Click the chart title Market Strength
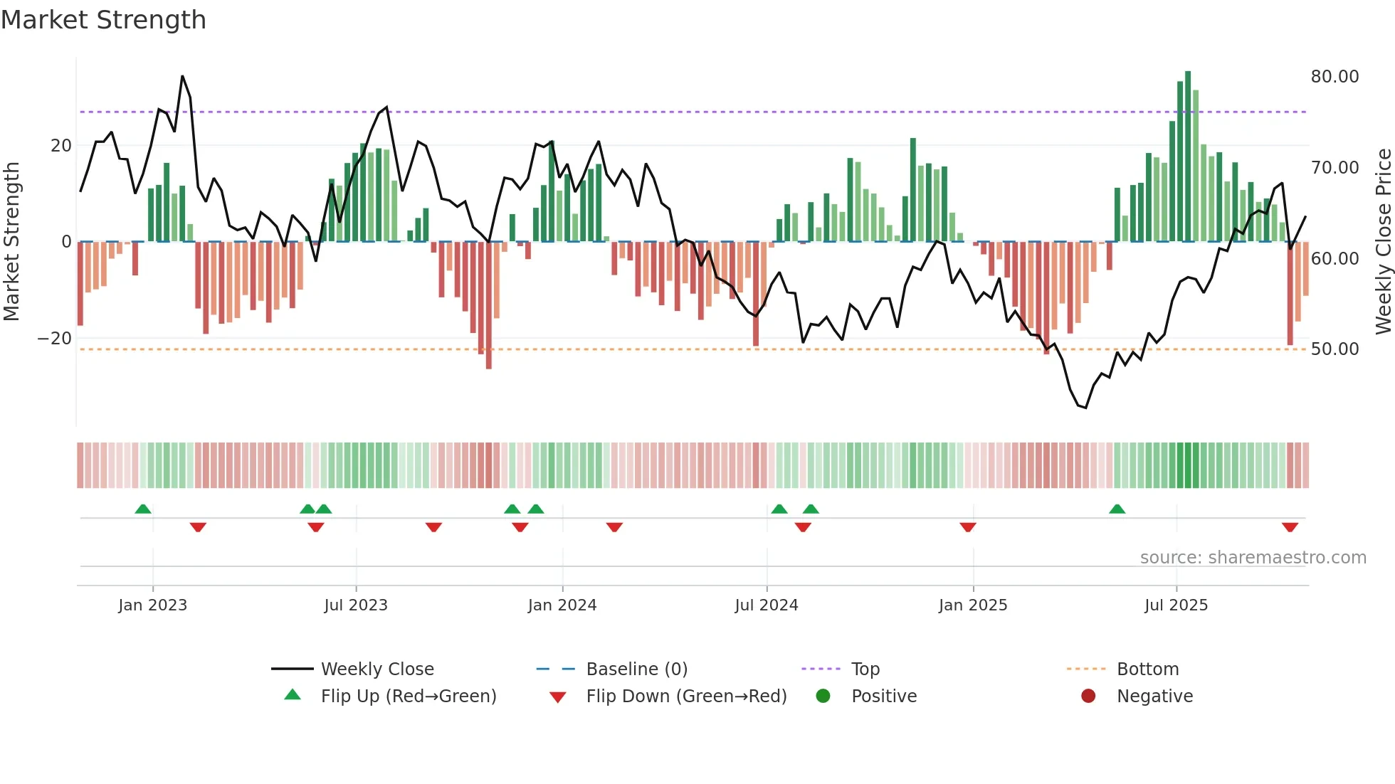point(103,20)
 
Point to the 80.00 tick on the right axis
point(1335,77)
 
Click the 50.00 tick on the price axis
point(1335,349)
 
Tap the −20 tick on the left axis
point(54,339)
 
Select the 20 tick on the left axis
point(60,146)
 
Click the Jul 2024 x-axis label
point(766,605)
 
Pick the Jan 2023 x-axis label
point(152,605)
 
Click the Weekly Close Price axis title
point(1383,241)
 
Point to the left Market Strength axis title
point(11,241)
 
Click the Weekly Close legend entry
point(377,669)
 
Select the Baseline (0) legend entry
point(636,669)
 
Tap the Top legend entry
point(865,669)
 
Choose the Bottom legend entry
point(1147,669)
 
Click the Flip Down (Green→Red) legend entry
point(685,696)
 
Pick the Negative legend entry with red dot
point(1154,696)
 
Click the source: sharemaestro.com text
point(1253,558)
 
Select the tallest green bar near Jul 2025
point(1188,157)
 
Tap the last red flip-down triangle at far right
point(1290,527)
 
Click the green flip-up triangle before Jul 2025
point(1117,509)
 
